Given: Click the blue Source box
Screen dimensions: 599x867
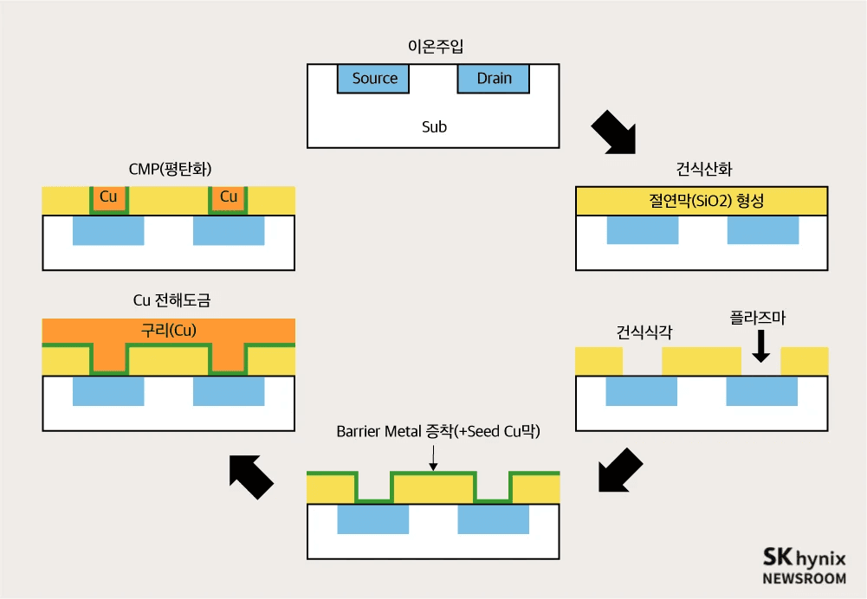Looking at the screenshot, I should pos(374,79).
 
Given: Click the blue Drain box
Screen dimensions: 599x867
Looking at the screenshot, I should pos(494,79).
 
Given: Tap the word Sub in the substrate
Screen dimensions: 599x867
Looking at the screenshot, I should pos(434,126).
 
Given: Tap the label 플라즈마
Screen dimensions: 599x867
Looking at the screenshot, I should pos(757,318).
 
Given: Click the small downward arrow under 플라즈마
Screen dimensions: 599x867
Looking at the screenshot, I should pos(760,348).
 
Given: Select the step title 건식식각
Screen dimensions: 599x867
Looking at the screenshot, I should pos(644,332).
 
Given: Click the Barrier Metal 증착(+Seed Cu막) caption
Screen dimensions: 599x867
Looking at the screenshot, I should pos(437,431).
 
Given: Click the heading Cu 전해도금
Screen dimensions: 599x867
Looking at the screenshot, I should pos(171,301).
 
